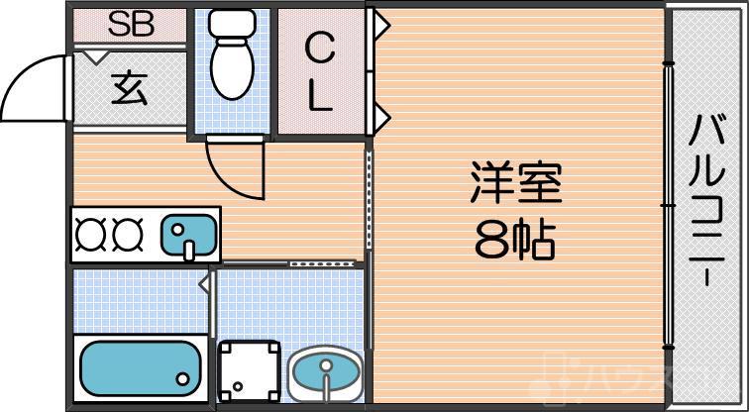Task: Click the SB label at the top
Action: (x=131, y=25)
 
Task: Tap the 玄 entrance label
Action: (x=129, y=89)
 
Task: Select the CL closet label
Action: (x=319, y=71)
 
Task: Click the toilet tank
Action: (x=234, y=24)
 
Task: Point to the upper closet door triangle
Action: (x=379, y=24)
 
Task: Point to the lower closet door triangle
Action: (x=379, y=119)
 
